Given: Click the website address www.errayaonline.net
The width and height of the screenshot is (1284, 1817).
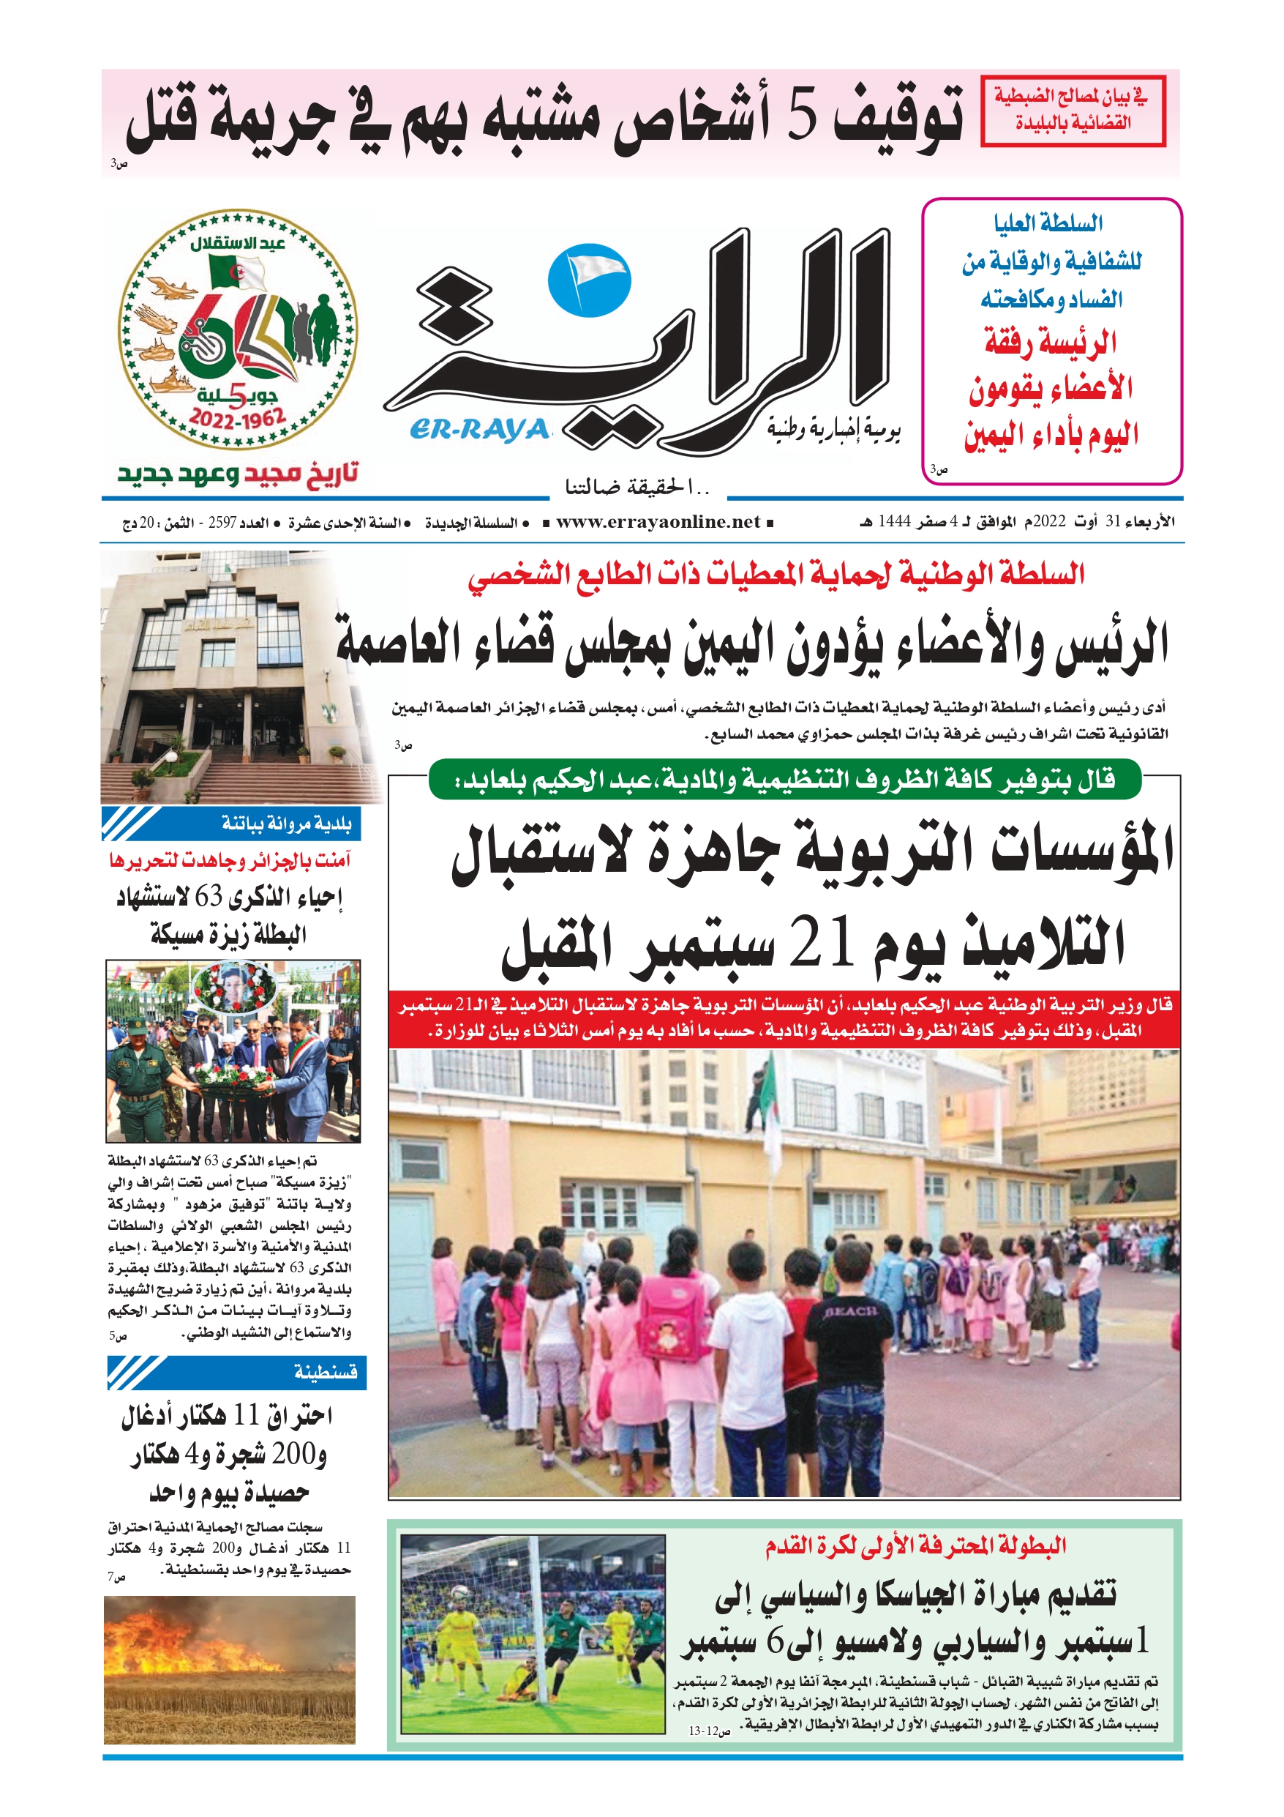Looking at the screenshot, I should click(x=658, y=522).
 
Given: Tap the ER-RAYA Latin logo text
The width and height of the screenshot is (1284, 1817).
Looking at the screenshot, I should click(x=479, y=429).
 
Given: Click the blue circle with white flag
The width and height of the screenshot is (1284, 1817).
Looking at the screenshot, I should click(x=590, y=280).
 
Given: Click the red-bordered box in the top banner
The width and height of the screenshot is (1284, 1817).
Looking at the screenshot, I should click(x=1073, y=111).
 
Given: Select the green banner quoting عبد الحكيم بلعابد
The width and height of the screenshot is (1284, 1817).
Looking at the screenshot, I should click(x=784, y=780).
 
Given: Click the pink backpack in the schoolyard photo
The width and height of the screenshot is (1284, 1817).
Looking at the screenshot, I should click(x=675, y=1316).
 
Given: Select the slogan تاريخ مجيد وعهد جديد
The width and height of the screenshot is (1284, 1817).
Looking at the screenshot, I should click(x=237, y=474).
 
